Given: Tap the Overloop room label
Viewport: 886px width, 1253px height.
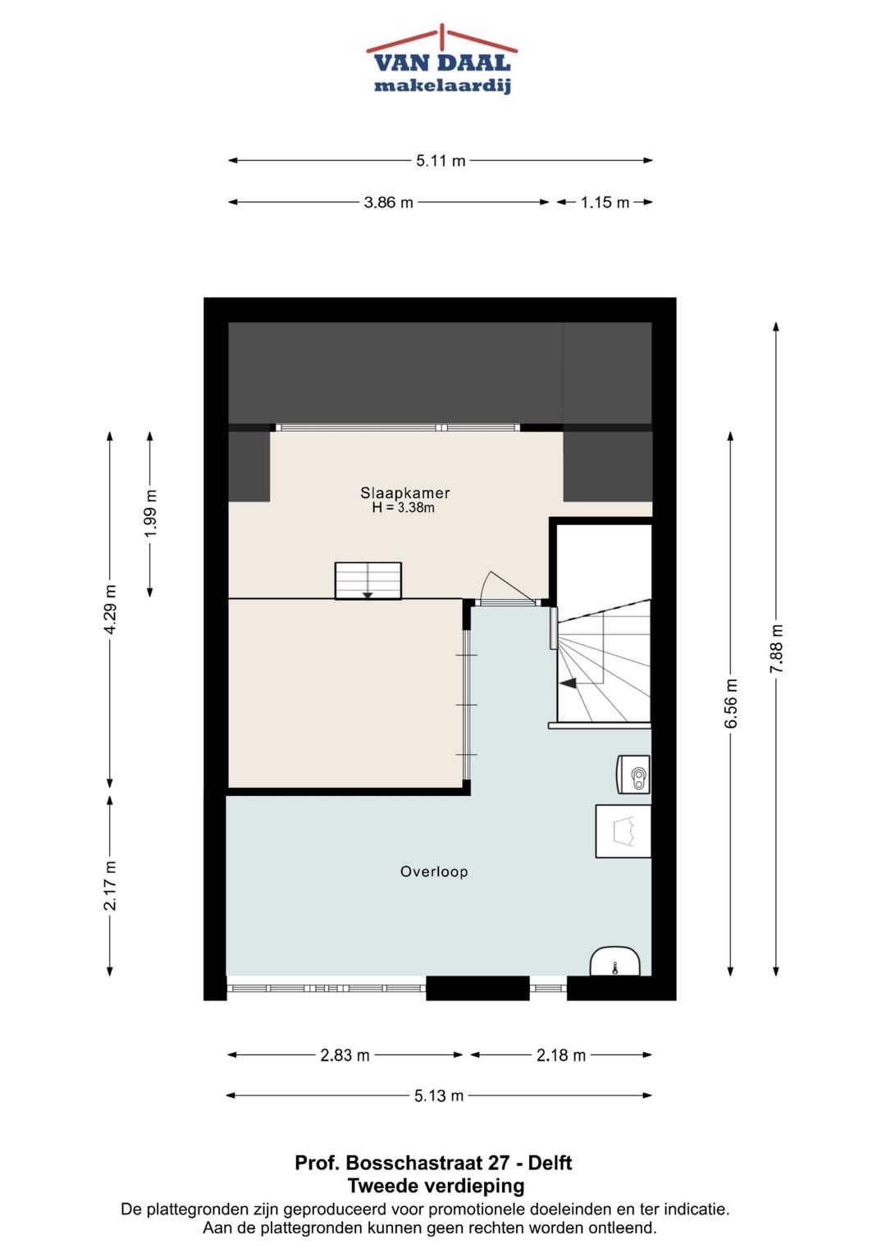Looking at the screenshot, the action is point(434,871).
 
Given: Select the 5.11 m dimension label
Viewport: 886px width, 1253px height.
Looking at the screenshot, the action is point(441,161).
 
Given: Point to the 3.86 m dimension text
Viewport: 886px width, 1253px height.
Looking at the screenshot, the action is point(388,203).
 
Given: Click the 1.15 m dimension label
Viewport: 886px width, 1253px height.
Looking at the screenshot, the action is point(605,203).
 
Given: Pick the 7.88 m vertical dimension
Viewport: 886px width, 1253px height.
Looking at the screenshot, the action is point(776,649).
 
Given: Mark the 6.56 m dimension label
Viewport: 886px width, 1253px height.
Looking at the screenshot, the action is point(731,703).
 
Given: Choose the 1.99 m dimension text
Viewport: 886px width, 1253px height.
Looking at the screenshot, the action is point(150,513).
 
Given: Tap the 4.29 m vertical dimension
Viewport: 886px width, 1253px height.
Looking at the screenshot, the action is point(110,609).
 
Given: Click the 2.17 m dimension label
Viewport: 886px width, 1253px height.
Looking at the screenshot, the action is point(110,885).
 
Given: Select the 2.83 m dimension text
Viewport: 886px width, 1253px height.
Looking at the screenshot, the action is point(345,1055).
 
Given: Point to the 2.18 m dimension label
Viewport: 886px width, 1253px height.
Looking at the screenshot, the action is point(561,1055).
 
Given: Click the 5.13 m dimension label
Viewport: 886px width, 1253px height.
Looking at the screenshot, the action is point(439,1095).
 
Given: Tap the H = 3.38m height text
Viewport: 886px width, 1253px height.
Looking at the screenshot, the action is point(404,508).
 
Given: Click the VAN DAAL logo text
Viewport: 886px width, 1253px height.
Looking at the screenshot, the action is point(442,62).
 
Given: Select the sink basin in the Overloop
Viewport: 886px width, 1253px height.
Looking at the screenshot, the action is point(615,962).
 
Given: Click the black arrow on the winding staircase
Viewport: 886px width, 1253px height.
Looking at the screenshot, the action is point(569,683).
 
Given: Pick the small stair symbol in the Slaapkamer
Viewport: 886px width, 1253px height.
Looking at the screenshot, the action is point(368,581).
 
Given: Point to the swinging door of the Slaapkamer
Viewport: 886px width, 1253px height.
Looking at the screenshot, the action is point(509,588).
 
